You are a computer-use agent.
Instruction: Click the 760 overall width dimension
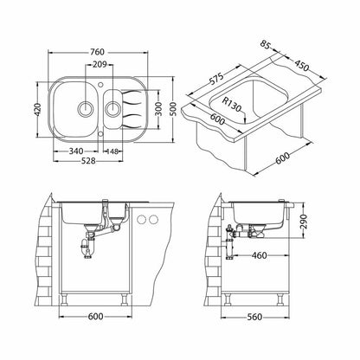97,52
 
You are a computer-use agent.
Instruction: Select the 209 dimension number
100,64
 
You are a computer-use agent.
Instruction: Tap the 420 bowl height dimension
37,109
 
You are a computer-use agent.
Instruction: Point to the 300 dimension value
158,109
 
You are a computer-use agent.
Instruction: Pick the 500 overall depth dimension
172,109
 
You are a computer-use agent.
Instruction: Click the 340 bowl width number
76,151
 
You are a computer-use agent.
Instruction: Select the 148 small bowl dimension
112,151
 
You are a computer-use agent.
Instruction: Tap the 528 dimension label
88,161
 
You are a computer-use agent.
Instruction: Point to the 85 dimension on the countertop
265,45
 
